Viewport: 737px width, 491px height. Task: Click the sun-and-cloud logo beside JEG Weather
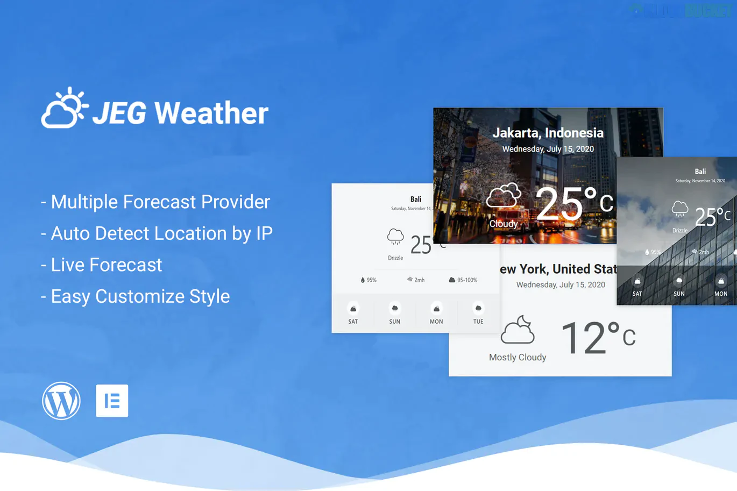point(64,109)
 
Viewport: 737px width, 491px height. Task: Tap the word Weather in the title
point(211,113)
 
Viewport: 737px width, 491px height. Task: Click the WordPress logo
point(61,401)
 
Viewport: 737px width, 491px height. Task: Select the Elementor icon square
point(112,401)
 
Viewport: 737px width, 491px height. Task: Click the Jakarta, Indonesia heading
point(548,133)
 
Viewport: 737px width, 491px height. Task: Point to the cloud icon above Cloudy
point(504,196)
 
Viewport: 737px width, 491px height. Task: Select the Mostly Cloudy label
point(518,357)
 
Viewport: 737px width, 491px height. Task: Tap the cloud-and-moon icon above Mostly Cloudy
point(518,330)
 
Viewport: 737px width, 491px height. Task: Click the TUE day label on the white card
point(478,322)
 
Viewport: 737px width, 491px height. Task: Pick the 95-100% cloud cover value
point(467,280)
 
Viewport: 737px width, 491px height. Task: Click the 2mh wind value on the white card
point(419,280)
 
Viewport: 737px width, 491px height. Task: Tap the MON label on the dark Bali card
point(721,294)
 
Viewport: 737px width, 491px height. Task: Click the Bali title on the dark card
point(700,172)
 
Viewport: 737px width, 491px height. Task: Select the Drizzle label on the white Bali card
point(395,258)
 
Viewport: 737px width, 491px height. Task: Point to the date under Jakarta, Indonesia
point(548,149)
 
